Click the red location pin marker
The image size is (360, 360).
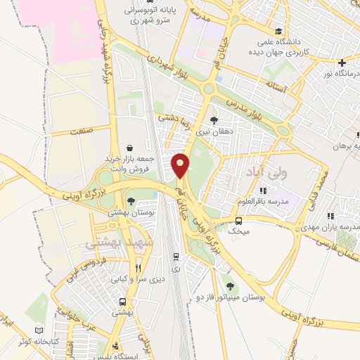click(x=181, y=165)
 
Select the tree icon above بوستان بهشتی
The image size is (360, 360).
click(x=130, y=200)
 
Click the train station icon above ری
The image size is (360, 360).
click(x=175, y=257)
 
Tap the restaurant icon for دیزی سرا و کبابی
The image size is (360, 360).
click(x=139, y=267)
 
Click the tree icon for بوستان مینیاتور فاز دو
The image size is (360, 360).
click(x=230, y=285)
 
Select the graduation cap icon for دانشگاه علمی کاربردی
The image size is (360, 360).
click(x=280, y=32)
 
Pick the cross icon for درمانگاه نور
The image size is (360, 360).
click(x=342, y=63)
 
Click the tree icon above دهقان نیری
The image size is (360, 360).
click(x=214, y=120)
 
